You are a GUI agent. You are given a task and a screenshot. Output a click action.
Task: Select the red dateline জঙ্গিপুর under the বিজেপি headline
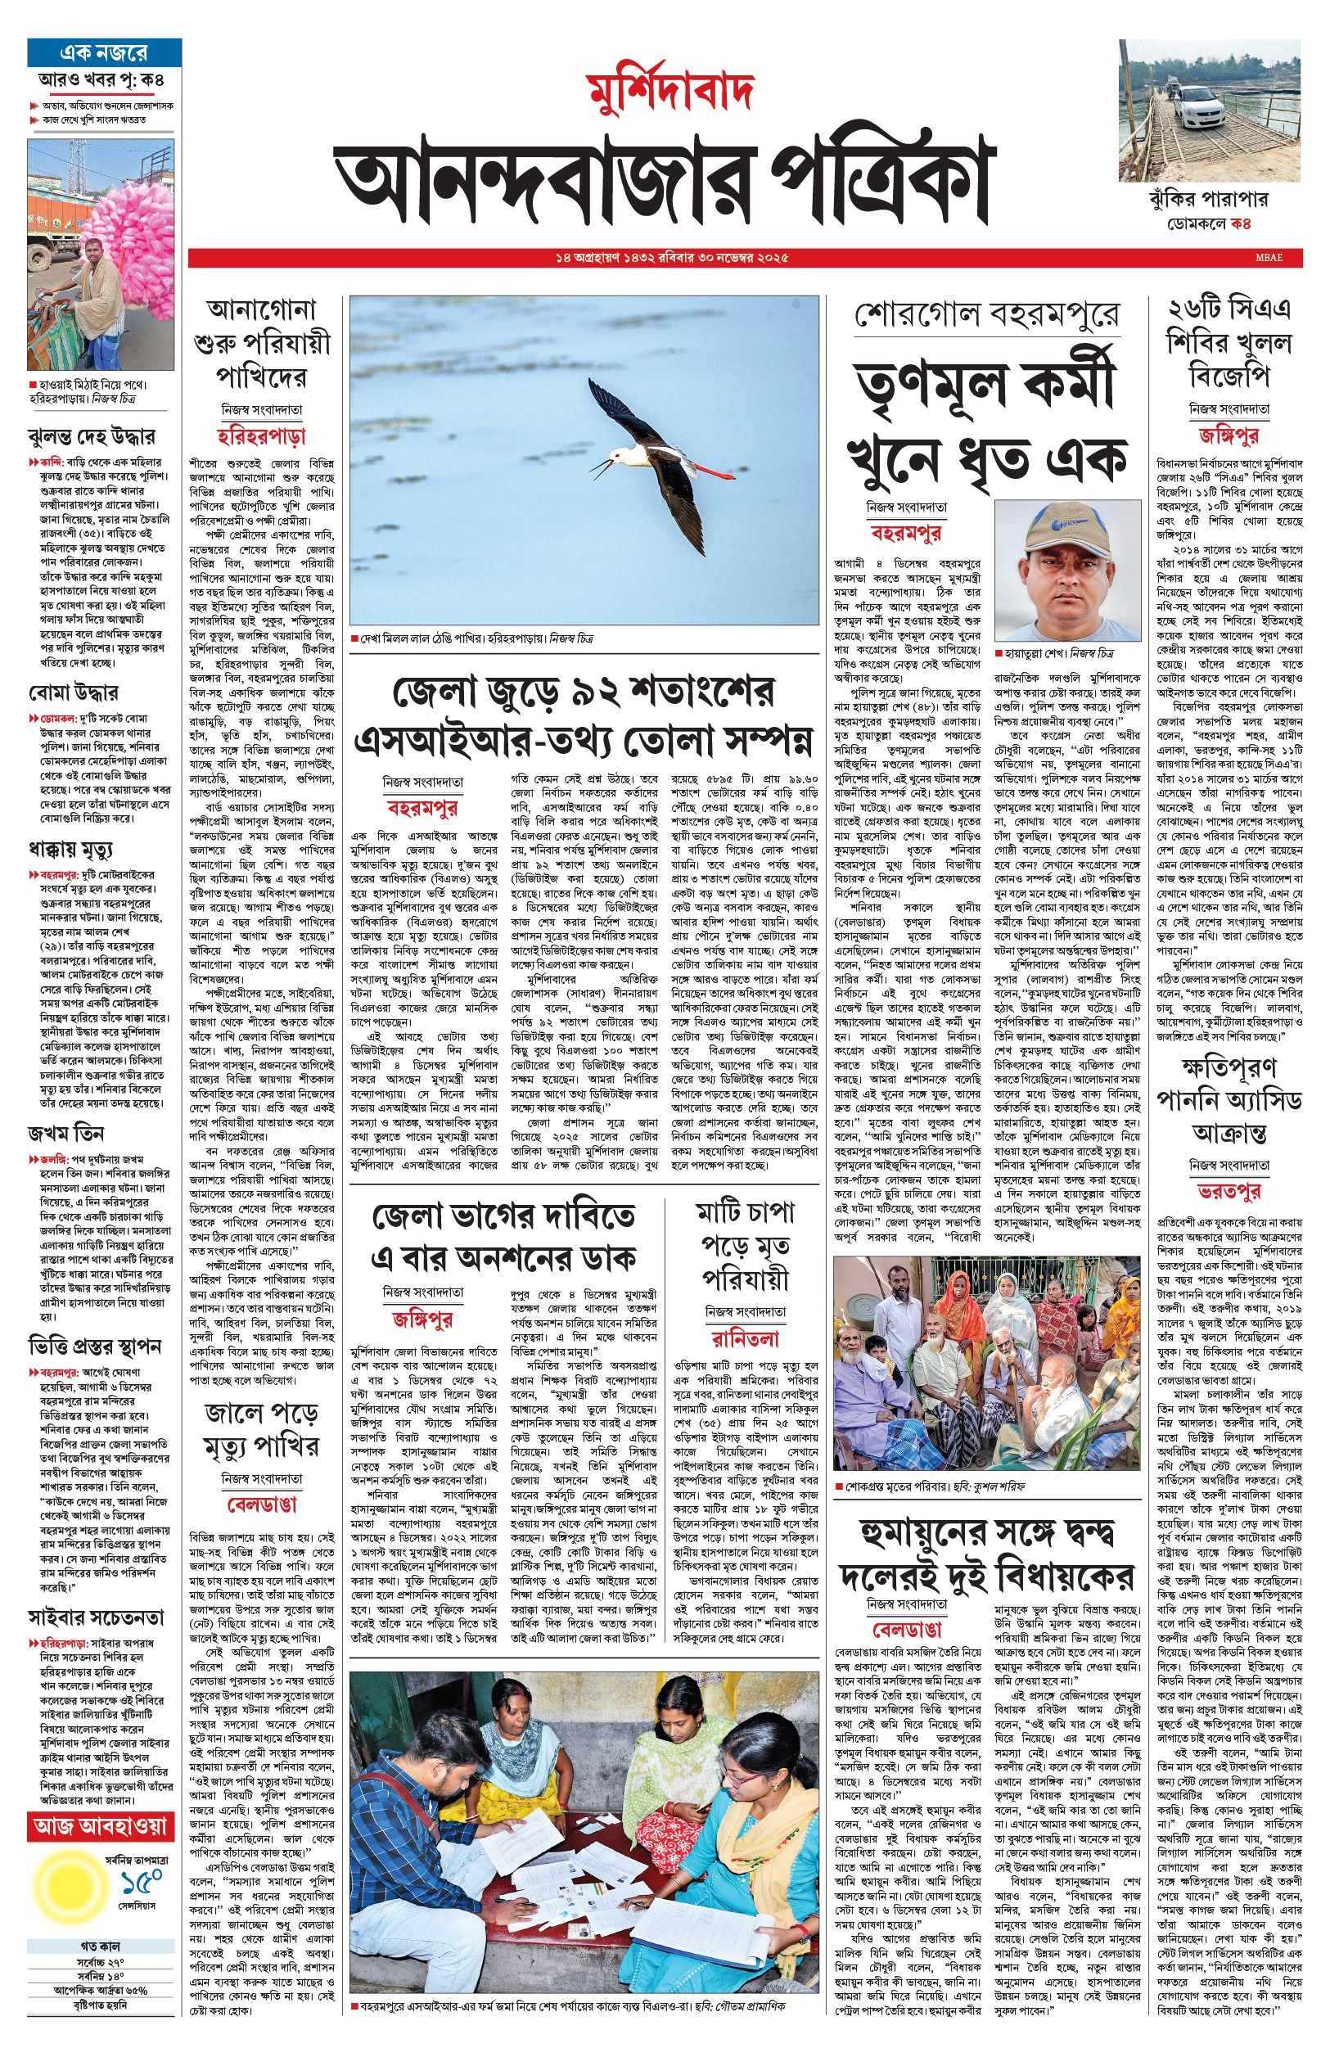1228,435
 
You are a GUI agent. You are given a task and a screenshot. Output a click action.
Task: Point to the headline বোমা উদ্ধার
73,692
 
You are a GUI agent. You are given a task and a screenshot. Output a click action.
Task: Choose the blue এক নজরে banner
104,52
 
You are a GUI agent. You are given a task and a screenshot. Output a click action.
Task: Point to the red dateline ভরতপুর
1228,1192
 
